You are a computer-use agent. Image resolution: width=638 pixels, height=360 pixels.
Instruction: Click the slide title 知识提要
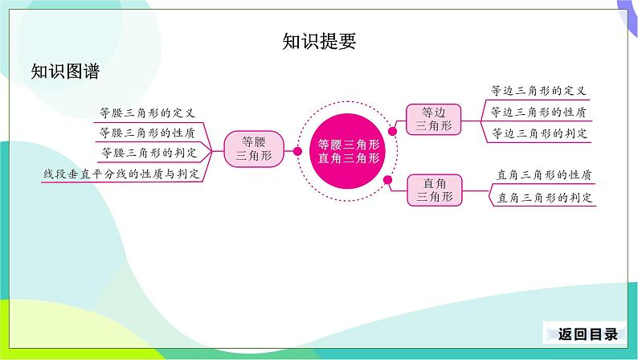point(319,42)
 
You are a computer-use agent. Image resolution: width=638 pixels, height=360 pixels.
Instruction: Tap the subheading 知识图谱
point(65,72)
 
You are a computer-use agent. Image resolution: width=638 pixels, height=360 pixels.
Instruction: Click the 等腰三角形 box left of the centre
point(253,149)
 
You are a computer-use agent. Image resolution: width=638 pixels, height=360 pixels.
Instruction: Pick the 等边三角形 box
point(435,118)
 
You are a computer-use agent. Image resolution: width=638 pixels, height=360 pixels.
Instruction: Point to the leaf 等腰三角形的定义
point(147,112)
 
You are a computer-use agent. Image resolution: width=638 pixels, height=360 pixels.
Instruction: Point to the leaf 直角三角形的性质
point(545,174)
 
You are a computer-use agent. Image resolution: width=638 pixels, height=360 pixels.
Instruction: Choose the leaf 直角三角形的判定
point(545,196)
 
